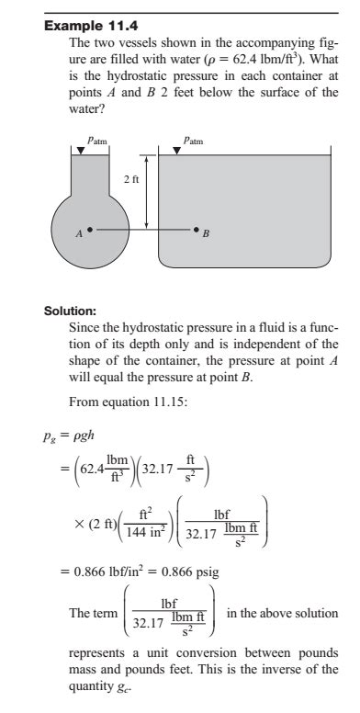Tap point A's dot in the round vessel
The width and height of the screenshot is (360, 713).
click(x=89, y=228)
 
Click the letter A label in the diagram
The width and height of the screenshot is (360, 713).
click(x=78, y=233)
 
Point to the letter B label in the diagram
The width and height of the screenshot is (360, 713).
click(x=207, y=235)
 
